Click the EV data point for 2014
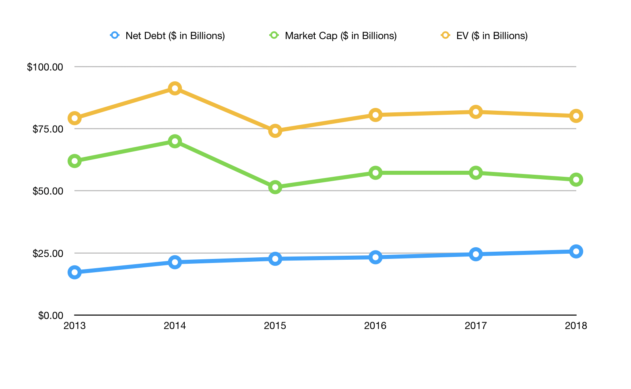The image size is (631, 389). [x=175, y=89]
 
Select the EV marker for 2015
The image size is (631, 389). [x=275, y=131]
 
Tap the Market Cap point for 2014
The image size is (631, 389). [x=175, y=141]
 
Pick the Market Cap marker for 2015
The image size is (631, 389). [x=275, y=187]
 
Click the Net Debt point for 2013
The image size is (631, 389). [x=75, y=272]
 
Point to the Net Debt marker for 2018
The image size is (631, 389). [x=576, y=251]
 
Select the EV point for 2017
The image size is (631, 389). [x=476, y=112]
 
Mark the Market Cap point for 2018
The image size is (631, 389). [x=576, y=180]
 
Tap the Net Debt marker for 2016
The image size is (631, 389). [x=375, y=257]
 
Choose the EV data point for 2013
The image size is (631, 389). [x=75, y=118]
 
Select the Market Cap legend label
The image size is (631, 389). [x=341, y=36]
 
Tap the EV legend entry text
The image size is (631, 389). [x=492, y=36]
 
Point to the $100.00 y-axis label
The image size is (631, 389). [x=45, y=67]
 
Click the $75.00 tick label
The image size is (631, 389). [x=47, y=129]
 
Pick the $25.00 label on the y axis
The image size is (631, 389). [x=47, y=253]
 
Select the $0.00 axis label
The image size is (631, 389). [x=50, y=315]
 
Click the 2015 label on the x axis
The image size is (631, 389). [x=275, y=326]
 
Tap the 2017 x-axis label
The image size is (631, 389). [x=476, y=326]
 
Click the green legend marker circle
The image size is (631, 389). [x=274, y=35]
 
